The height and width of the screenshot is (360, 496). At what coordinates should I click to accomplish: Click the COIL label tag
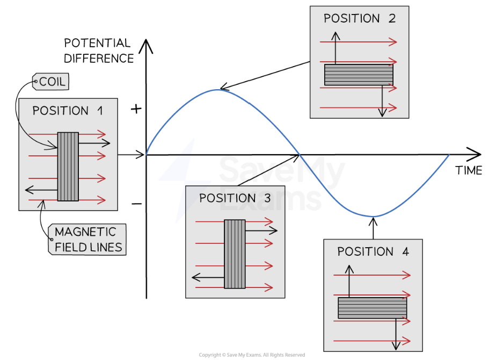[x=52, y=82]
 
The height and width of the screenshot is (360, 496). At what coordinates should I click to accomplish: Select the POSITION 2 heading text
[x=359, y=19]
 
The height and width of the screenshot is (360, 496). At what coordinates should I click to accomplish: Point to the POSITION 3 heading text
[x=235, y=198]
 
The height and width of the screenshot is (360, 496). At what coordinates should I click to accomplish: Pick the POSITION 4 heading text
[x=373, y=251]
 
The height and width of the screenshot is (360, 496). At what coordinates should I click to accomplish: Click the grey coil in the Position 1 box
[x=68, y=166]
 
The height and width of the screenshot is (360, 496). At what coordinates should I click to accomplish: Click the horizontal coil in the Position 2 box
[x=359, y=74]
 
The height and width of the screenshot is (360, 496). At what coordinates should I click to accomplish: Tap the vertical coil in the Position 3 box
[x=235, y=253]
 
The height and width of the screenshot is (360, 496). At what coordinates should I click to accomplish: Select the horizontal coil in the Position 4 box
[x=372, y=307]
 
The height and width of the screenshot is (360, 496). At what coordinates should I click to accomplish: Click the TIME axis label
[x=468, y=171]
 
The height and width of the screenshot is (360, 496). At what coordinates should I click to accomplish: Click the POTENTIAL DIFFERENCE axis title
[x=98, y=51]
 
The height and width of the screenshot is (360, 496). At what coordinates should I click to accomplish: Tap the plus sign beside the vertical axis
[x=136, y=109]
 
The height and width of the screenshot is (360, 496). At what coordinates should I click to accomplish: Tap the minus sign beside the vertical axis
[x=136, y=204]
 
